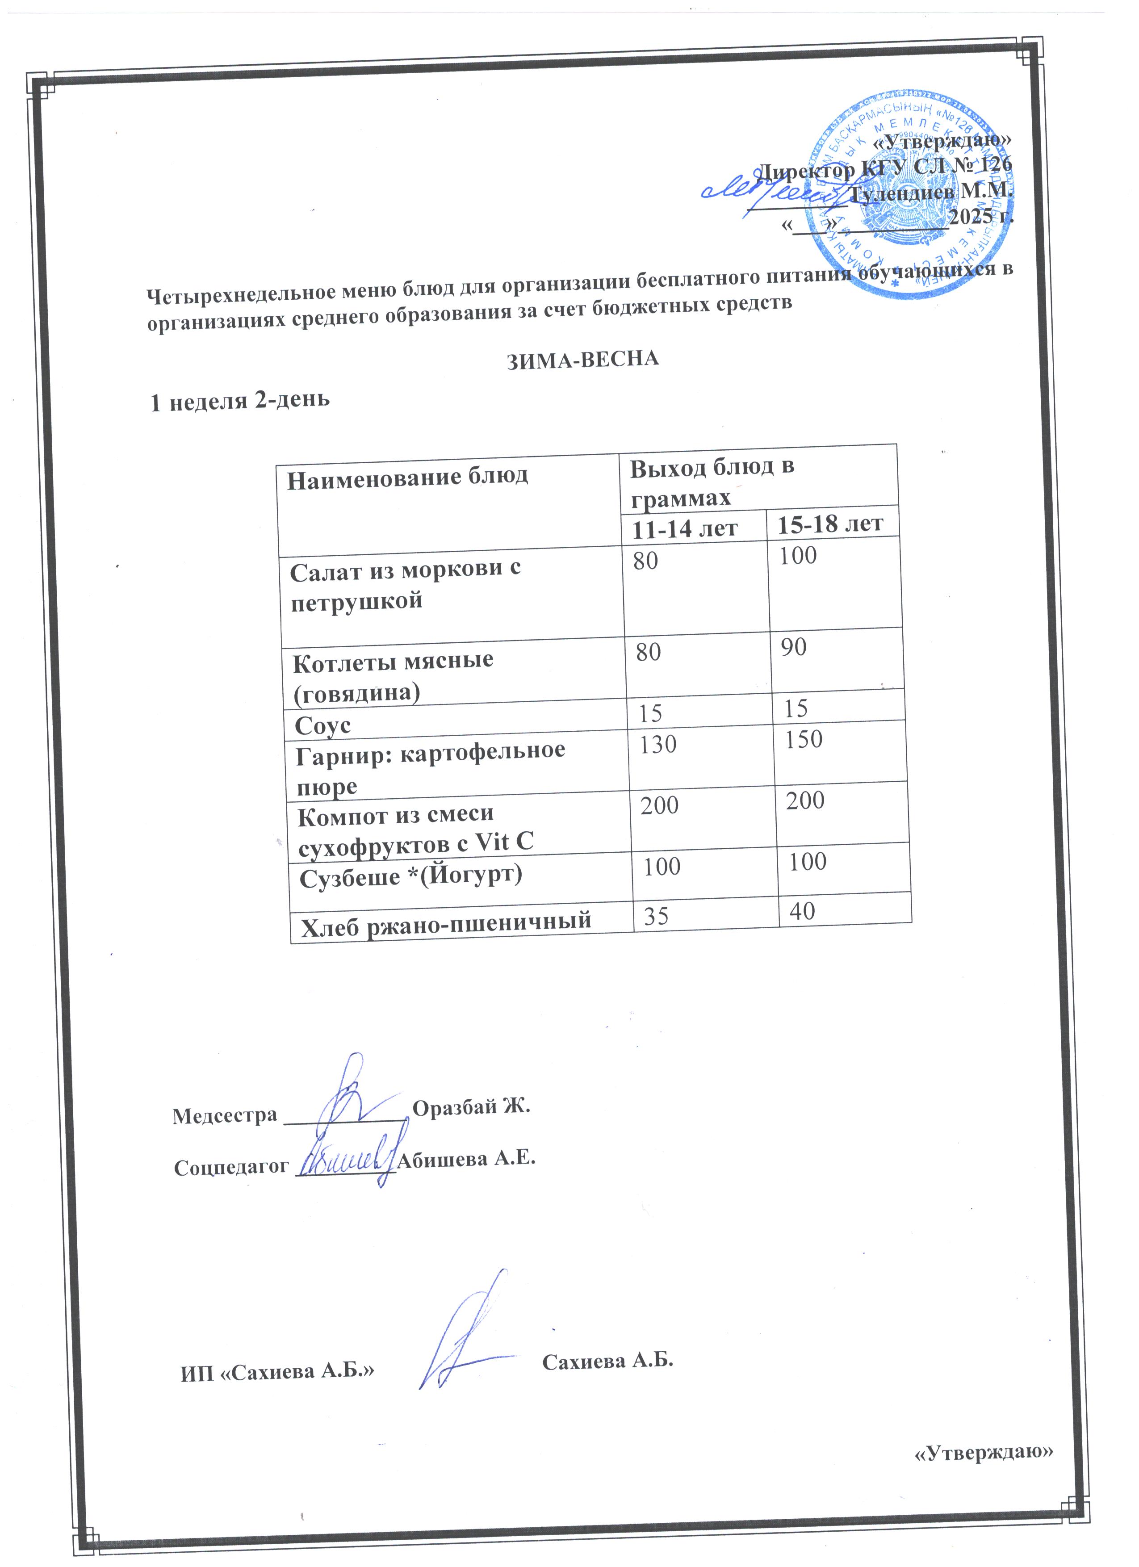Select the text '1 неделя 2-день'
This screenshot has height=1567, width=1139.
[x=240, y=401]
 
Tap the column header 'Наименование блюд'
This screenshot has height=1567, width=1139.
[x=407, y=477]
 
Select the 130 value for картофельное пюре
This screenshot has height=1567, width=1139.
[x=657, y=745]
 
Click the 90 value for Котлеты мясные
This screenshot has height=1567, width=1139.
[x=794, y=647]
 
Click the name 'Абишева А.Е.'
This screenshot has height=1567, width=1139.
[x=468, y=1159]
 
